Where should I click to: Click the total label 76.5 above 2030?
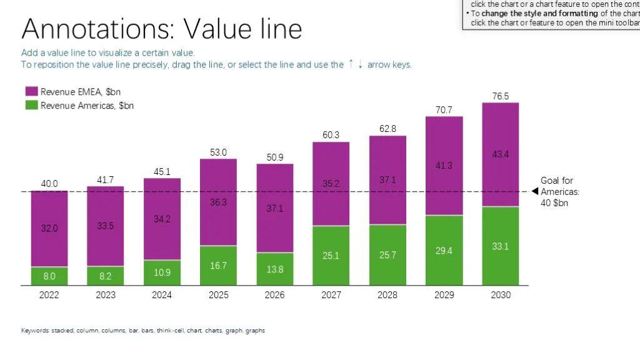(x=501, y=96)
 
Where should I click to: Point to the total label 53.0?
(x=218, y=152)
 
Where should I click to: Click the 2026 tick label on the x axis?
(x=275, y=295)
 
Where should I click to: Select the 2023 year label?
(x=106, y=295)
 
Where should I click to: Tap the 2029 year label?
(x=444, y=295)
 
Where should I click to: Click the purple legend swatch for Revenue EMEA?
(x=31, y=92)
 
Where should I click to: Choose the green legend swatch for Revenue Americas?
(x=31, y=106)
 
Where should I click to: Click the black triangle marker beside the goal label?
(x=534, y=192)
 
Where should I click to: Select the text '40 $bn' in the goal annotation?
(x=554, y=203)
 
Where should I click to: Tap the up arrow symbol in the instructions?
(x=351, y=64)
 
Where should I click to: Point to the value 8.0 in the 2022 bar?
(x=49, y=276)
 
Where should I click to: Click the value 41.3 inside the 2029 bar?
(x=444, y=166)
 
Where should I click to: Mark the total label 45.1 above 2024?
(x=162, y=172)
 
